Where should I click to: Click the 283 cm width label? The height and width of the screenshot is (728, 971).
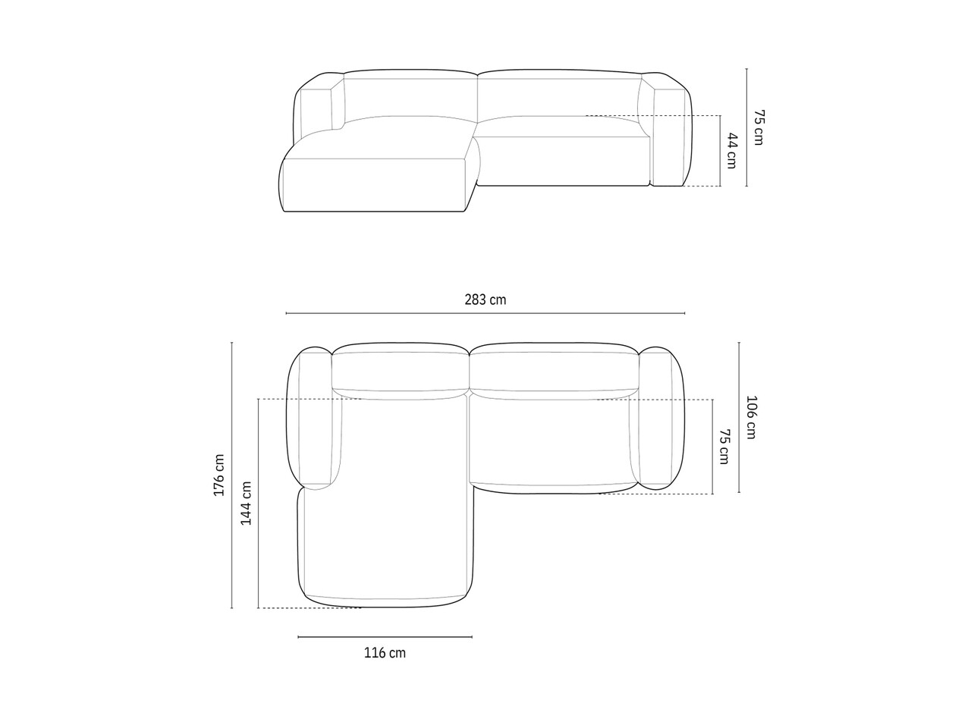coord(485,300)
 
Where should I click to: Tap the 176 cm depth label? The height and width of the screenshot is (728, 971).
coord(219,475)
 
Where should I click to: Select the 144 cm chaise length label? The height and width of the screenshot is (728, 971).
coord(246,504)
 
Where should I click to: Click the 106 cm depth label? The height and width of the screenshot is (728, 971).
coord(751,418)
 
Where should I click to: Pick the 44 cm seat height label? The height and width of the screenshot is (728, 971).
coord(732,151)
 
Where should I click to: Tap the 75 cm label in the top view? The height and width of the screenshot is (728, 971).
coord(724,447)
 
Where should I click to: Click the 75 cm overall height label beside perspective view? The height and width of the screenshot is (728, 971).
coord(759,127)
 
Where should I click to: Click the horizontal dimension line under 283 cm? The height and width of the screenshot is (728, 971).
coord(485,313)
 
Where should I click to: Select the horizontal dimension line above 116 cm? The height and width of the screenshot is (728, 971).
coord(385,637)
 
